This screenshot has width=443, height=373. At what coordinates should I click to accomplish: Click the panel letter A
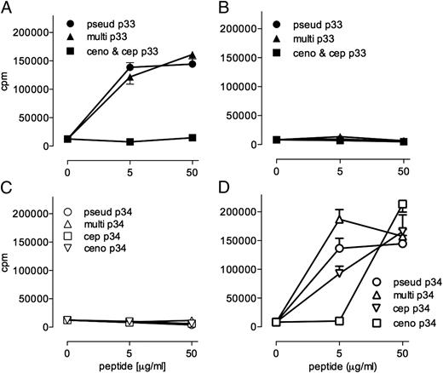click(x=8, y=8)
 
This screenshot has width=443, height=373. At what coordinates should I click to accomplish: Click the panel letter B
click(x=239, y=8)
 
